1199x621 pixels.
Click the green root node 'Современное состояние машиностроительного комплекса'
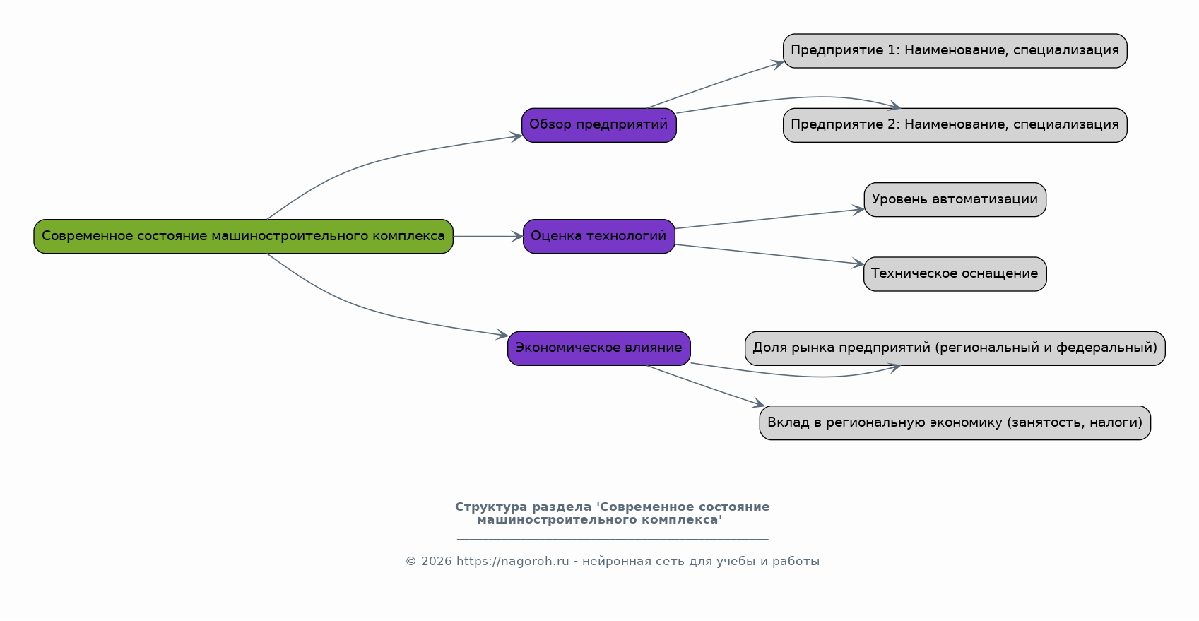pyautogui.click(x=244, y=236)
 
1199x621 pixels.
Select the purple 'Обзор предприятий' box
pyautogui.click(x=599, y=125)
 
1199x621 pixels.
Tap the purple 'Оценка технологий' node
pyautogui.click(x=599, y=236)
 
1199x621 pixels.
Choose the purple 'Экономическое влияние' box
pyautogui.click(x=599, y=348)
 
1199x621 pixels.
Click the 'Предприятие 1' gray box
pyautogui.click(x=955, y=51)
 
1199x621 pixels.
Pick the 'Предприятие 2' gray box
pyautogui.click(x=955, y=125)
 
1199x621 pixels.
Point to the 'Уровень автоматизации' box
pyautogui.click(x=955, y=200)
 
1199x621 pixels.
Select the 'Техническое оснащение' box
pyautogui.click(x=955, y=274)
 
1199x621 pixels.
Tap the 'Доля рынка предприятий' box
pyautogui.click(x=955, y=348)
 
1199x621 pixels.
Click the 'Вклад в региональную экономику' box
pyautogui.click(x=955, y=423)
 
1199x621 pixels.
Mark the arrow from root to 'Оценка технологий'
pyautogui.click(x=488, y=236)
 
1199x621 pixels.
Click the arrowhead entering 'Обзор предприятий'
pyautogui.click(x=516, y=138)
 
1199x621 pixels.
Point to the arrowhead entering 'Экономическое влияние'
pyautogui.click(x=502, y=335)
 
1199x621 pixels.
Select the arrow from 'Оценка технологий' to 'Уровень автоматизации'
pyautogui.click(x=769, y=218)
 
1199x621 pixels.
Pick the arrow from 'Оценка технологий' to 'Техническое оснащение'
pyautogui.click(x=769, y=254)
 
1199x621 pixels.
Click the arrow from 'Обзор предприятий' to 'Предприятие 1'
pyautogui.click(x=716, y=85)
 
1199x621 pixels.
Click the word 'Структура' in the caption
pyautogui.click(x=491, y=507)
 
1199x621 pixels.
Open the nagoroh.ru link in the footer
pyautogui.click(x=512, y=562)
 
